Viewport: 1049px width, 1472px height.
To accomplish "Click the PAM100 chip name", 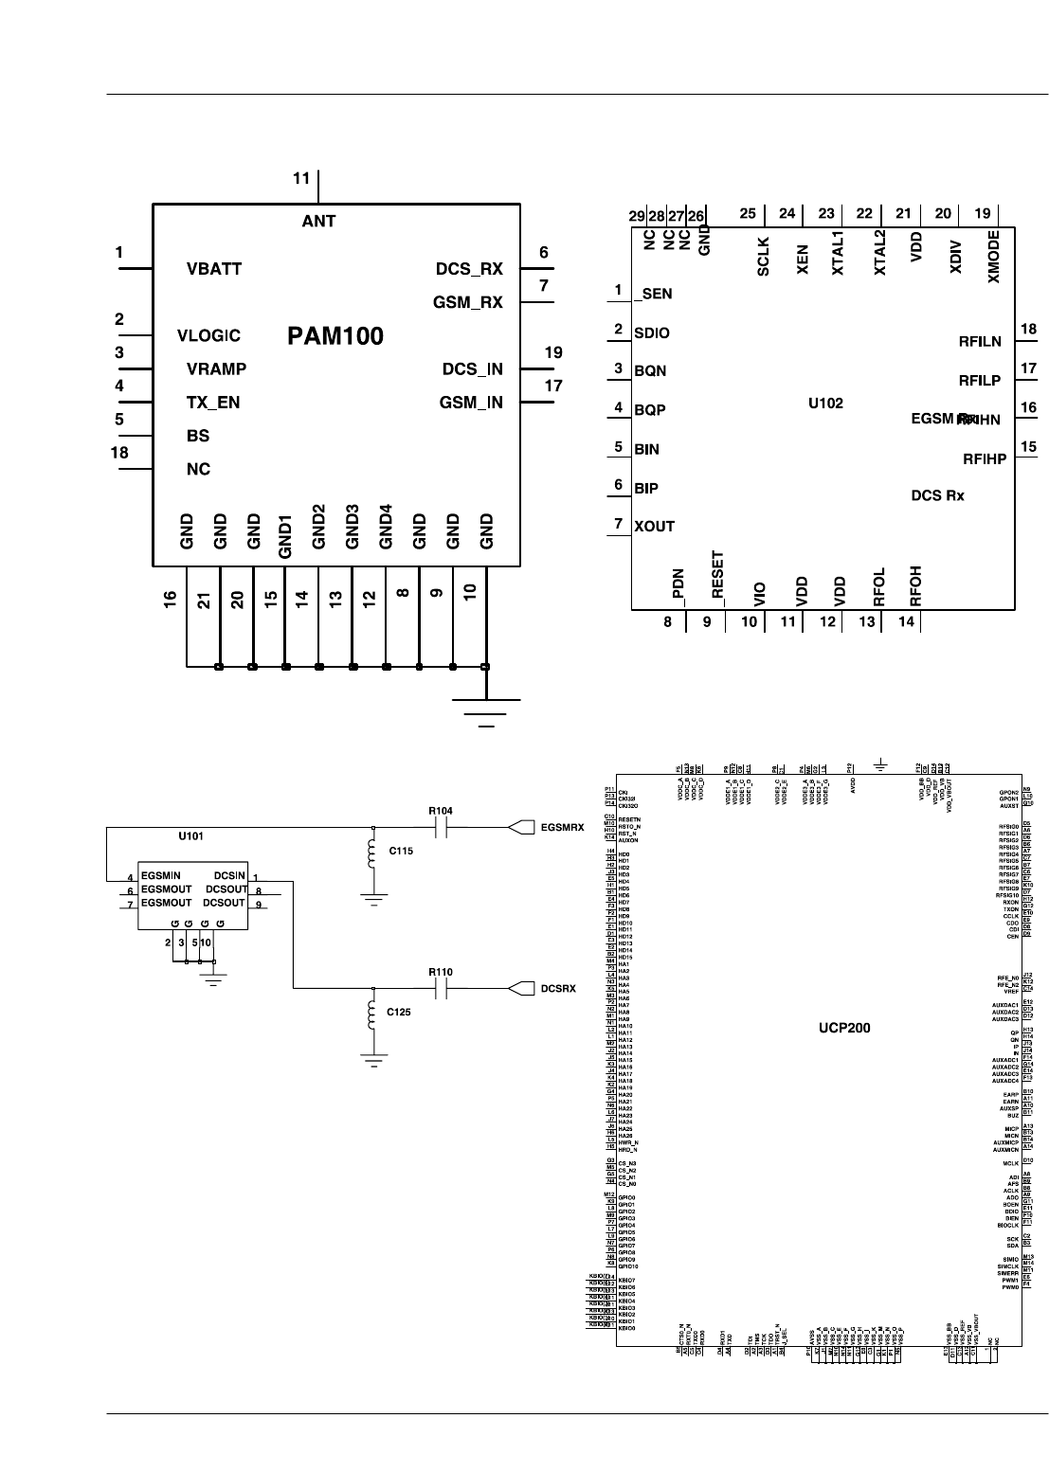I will tap(335, 336).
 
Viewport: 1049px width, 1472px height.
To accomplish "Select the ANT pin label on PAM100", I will tap(318, 222).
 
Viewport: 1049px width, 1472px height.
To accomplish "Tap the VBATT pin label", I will tap(214, 269).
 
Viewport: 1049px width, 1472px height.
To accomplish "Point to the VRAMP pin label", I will tap(216, 369).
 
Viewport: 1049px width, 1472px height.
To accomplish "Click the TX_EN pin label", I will tap(213, 403).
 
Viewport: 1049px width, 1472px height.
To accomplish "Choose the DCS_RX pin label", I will tap(469, 269).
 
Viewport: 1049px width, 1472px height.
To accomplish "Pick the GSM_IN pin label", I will tap(471, 403).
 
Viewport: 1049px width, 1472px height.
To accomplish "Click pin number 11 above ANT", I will tap(301, 178).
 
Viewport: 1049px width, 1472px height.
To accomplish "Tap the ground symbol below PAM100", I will tap(486, 711).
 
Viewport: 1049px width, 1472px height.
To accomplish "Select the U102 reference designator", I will tap(825, 403).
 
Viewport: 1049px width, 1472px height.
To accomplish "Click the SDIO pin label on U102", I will tap(652, 333).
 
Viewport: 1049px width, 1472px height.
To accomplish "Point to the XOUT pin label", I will tap(655, 527).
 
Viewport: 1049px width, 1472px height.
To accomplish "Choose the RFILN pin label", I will tap(980, 342).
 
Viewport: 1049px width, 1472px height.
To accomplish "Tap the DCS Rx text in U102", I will tap(937, 495).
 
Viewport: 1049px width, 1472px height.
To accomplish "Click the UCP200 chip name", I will tap(844, 1028).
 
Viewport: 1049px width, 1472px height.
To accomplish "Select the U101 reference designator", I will tap(190, 837).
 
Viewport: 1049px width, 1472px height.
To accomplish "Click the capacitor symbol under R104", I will tap(439, 828).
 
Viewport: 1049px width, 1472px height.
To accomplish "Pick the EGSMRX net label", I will tap(561, 828).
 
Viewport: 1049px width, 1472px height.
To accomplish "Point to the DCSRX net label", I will tap(557, 989).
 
